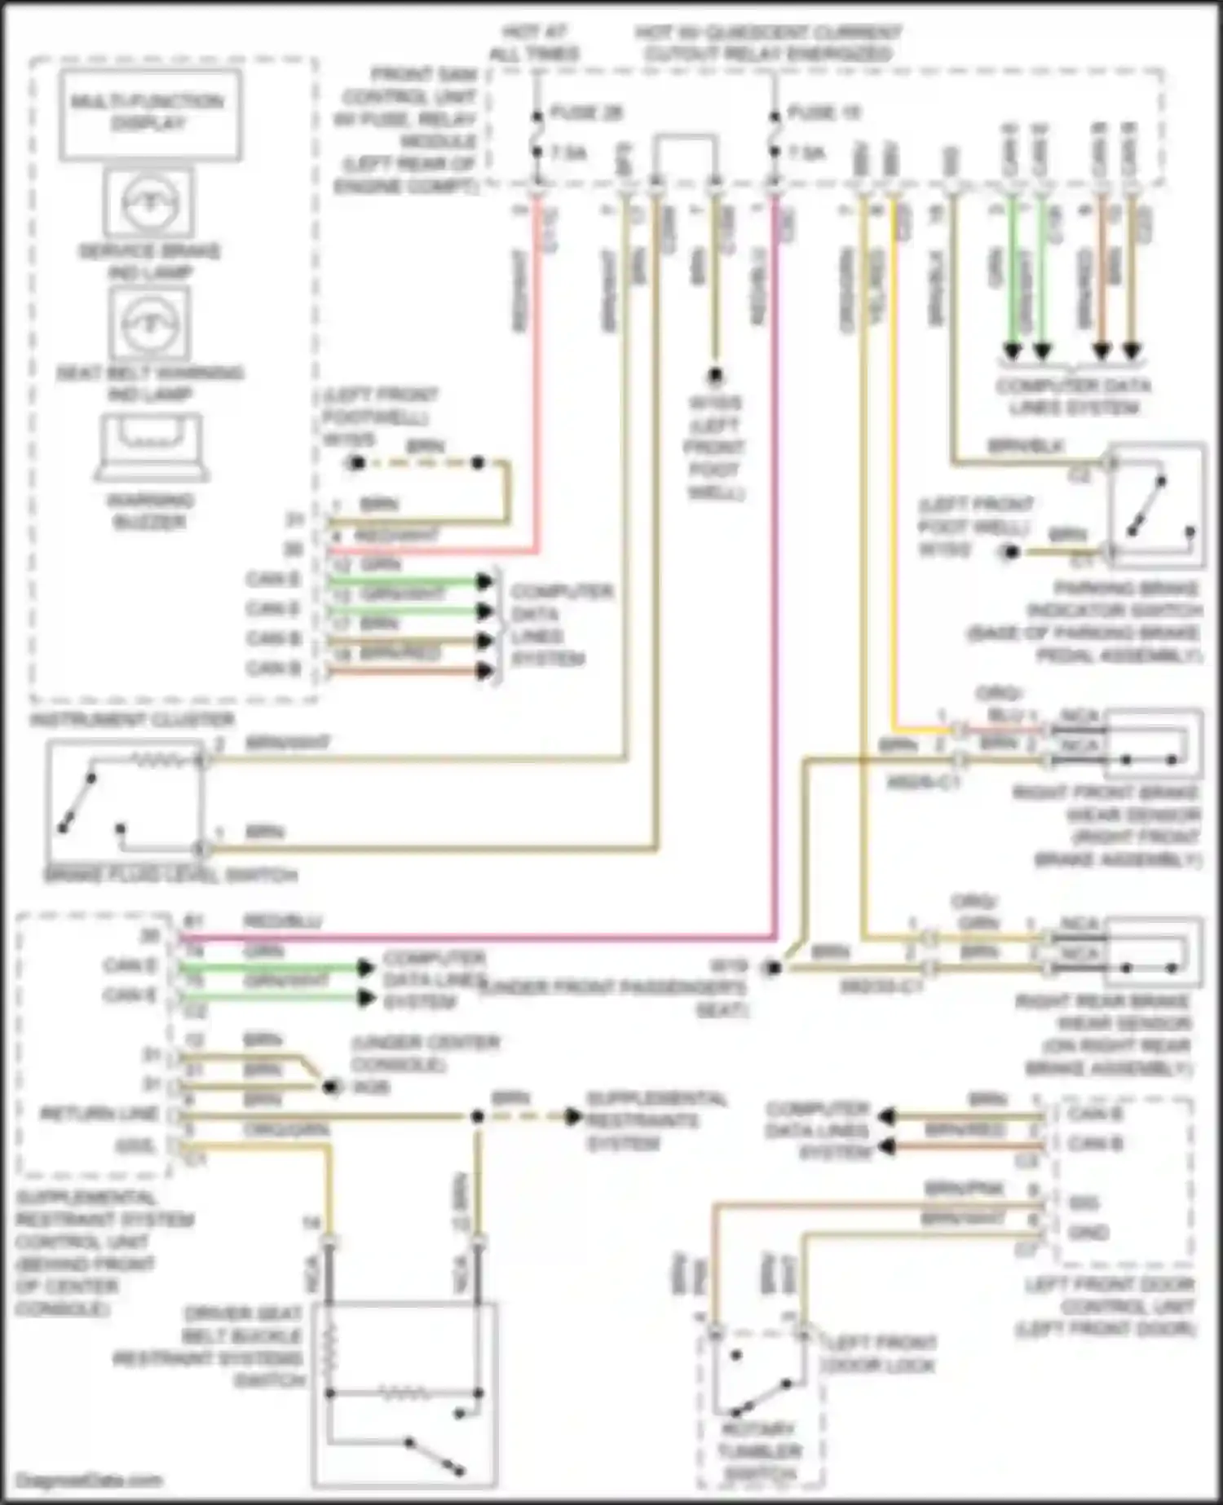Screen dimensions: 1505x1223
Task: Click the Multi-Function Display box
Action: [x=149, y=113]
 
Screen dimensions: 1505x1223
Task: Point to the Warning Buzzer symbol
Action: [x=149, y=447]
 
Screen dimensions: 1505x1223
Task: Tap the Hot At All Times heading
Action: [x=535, y=43]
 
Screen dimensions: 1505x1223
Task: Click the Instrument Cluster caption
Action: [x=133, y=720]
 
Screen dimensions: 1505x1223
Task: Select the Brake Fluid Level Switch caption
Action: [x=170, y=876]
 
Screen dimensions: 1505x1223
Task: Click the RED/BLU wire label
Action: [x=283, y=921]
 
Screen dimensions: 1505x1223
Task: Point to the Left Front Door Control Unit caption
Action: [x=1107, y=1307]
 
